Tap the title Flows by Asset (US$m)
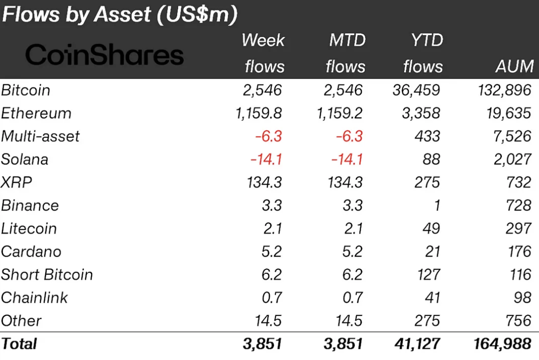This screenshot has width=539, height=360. pos(119,15)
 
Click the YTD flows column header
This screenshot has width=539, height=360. pos(423,53)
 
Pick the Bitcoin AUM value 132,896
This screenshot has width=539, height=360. pos(502,90)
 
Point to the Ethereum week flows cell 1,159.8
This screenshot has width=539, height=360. pos(258,113)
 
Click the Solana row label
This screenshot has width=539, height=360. pos(25,159)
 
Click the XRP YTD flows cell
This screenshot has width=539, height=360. pos(427,183)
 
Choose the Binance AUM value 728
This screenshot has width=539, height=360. pos(518,206)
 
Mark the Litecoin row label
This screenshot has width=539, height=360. pos(29,229)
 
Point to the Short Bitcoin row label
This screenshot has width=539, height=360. pos(47,275)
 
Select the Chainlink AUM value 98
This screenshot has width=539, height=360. pos(522,298)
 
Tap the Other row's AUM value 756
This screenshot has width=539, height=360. pos(518,321)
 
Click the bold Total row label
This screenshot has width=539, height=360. pos(19,344)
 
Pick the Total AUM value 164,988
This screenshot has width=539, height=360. pos(502,344)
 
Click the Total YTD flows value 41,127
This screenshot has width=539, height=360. pos(417,344)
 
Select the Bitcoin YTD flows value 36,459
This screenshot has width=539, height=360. pos(417,90)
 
